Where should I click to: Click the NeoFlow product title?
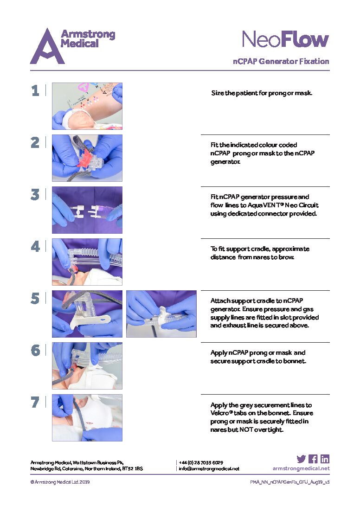(x=285, y=40)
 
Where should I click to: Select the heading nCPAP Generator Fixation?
(x=281, y=61)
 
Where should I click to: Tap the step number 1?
(x=35, y=90)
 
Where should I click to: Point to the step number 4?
(x=35, y=246)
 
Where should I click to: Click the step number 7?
(x=35, y=402)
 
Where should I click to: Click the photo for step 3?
(x=87, y=210)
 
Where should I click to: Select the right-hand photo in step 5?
(x=161, y=313)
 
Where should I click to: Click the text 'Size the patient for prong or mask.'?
(x=262, y=93)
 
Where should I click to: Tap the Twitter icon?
(x=301, y=459)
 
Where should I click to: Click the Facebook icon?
(x=313, y=459)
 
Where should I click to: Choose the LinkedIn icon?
(x=325, y=459)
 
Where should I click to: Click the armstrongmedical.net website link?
(x=301, y=468)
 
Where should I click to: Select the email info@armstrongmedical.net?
(x=209, y=469)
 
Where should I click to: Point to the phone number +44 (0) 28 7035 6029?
(x=201, y=462)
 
